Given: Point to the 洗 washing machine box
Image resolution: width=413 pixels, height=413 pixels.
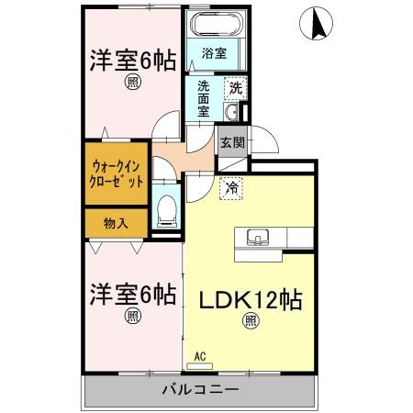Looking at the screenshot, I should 235,89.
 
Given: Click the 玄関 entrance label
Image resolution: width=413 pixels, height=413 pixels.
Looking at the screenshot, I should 231,142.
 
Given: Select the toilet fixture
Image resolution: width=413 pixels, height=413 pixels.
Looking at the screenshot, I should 167,210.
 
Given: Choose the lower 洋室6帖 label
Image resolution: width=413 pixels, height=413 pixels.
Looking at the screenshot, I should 132,296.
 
